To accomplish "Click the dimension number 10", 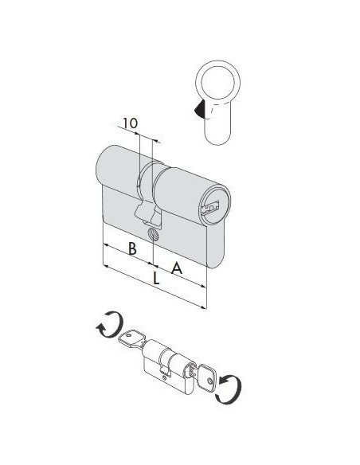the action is pyautogui.click(x=130, y=123).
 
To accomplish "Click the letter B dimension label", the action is pyautogui.click(x=132, y=248).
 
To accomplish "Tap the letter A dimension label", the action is pyautogui.click(x=177, y=268).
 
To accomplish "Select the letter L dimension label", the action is pyautogui.click(x=155, y=279).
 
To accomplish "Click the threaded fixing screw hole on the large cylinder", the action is pyautogui.click(x=153, y=235).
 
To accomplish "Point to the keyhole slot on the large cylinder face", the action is pyautogui.click(x=209, y=208).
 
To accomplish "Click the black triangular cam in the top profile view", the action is pyautogui.click(x=200, y=108).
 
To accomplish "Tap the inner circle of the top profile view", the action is pyautogui.click(x=217, y=80).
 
